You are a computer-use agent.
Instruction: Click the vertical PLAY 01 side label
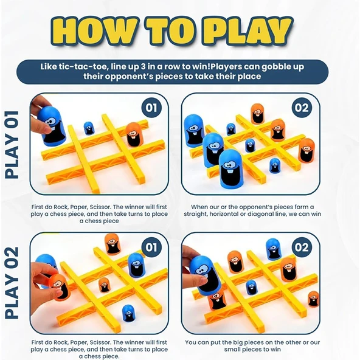(12, 144)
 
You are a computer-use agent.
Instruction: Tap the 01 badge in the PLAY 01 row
(151, 107)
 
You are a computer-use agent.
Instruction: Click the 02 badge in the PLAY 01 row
(301, 107)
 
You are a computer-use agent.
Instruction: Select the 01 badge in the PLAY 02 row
(151, 247)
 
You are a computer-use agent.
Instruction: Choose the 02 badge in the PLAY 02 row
(301, 247)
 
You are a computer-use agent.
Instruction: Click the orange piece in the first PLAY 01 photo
(134, 134)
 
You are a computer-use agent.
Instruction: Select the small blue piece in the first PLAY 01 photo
(89, 128)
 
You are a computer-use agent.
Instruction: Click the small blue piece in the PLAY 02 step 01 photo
(128, 313)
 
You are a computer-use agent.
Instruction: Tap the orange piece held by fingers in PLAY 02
(59, 287)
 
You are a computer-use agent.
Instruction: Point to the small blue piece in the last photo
(251, 287)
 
